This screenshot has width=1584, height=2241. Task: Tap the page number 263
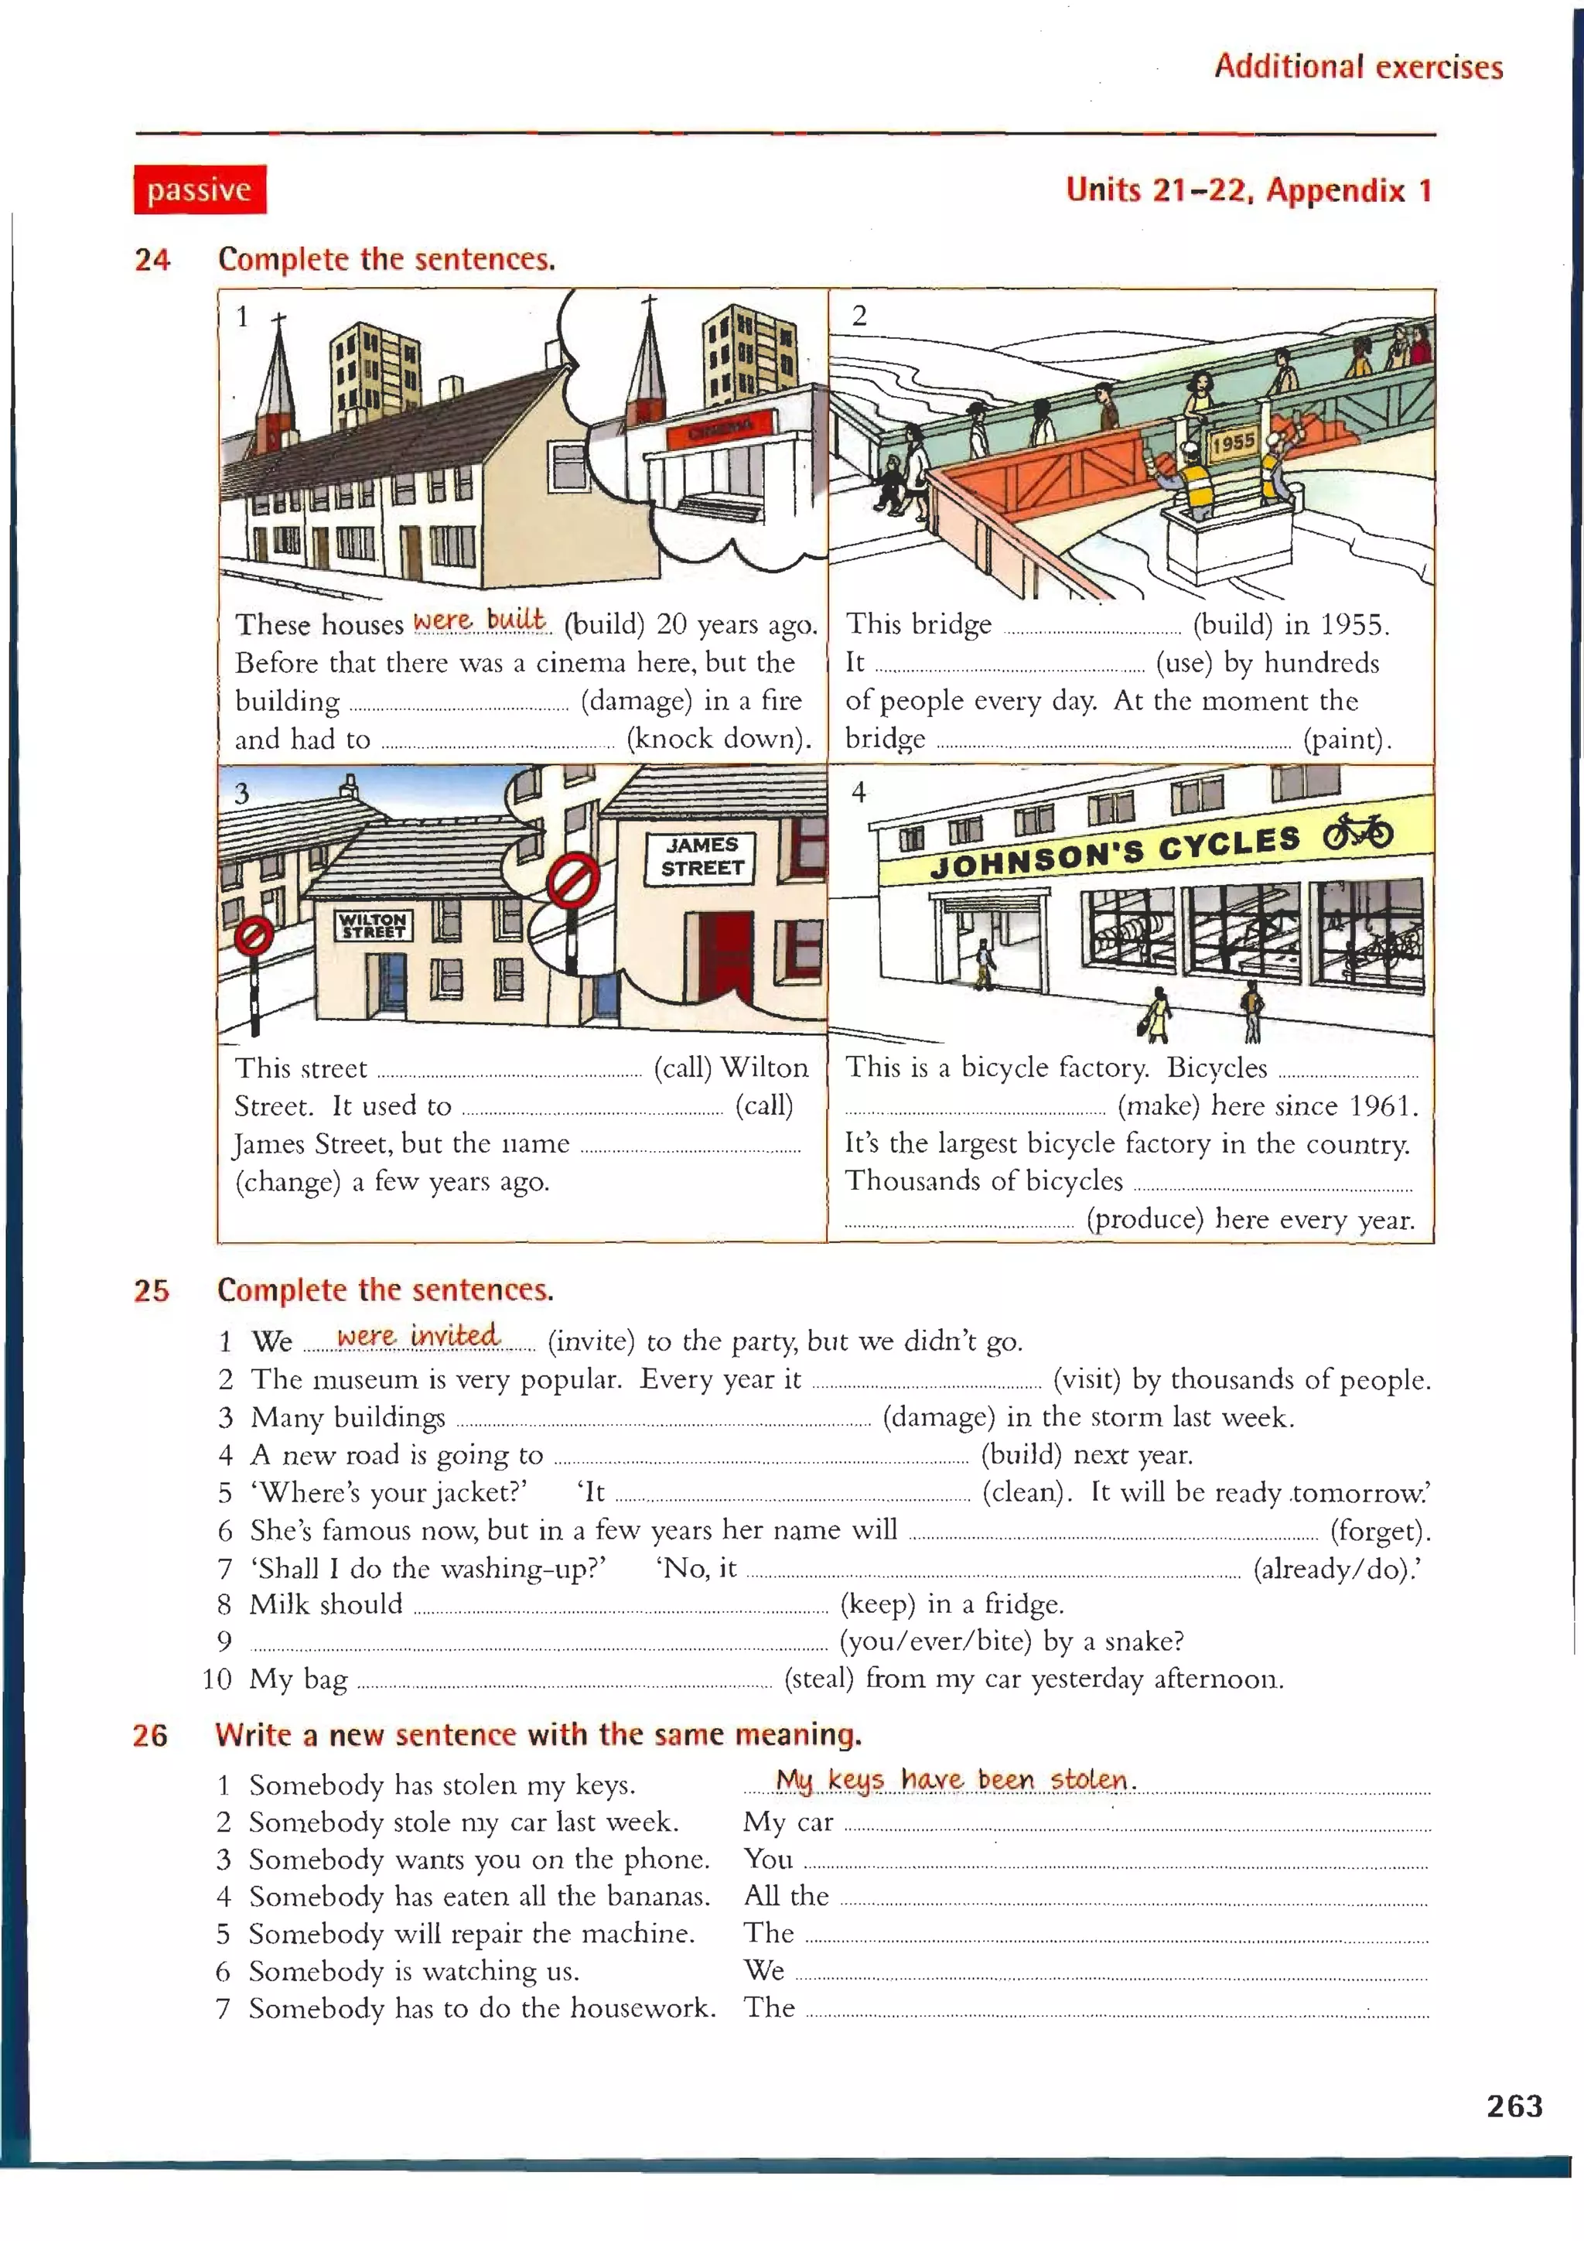click(1514, 2106)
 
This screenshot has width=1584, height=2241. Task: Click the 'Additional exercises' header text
click(1357, 67)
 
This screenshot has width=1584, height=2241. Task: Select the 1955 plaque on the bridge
click(1233, 441)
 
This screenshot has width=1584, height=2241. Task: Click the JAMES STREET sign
click(702, 857)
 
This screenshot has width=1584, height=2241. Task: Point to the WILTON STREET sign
click(373, 924)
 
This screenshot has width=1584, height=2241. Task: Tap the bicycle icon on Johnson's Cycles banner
click(1357, 832)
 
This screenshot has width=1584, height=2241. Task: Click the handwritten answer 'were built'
click(480, 620)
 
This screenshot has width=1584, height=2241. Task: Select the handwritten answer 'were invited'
click(418, 1335)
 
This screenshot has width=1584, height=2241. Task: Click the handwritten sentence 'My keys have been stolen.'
click(955, 1779)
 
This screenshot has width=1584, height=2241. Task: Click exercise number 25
click(152, 1290)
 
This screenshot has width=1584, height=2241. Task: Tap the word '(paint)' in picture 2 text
click(1346, 739)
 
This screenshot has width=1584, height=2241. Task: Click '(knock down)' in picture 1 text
click(719, 739)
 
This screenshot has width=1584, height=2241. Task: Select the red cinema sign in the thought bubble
click(720, 429)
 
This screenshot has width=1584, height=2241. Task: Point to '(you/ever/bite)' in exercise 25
click(935, 1641)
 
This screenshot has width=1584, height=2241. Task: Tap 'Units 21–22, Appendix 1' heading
click(1248, 190)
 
